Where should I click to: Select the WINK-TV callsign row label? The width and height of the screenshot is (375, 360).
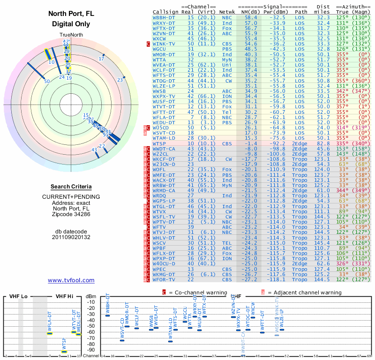(164, 44)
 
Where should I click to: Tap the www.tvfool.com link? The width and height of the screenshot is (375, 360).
(71, 280)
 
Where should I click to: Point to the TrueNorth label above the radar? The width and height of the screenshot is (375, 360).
(71, 35)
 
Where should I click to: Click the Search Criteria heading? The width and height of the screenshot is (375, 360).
(71, 187)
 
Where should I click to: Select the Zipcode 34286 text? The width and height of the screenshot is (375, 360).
(71, 214)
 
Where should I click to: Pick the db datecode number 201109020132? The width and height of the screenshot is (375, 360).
(71, 237)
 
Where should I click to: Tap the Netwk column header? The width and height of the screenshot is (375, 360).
(227, 12)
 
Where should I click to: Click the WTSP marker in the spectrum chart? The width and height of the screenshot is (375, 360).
(64, 352)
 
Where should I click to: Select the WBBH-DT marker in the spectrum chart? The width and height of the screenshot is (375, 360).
(107, 315)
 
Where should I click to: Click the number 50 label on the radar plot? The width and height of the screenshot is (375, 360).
(47, 81)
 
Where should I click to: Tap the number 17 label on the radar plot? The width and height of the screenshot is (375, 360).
(101, 59)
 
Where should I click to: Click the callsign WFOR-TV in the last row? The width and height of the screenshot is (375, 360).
(164, 280)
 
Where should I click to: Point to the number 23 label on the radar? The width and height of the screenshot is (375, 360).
(120, 80)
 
